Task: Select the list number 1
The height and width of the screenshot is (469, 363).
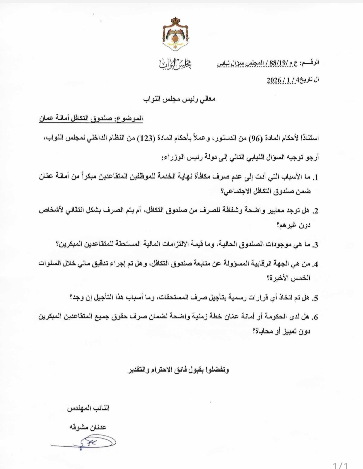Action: tap(315, 177)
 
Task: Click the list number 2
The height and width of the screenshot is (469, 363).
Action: tap(315, 211)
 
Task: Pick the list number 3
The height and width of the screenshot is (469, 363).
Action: tap(315, 245)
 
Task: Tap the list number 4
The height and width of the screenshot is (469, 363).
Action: tap(315, 264)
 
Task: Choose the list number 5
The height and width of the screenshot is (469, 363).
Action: tap(315, 298)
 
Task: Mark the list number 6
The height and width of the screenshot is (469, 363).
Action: tap(315, 317)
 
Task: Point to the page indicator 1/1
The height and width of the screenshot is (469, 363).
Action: tap(340, 465)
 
